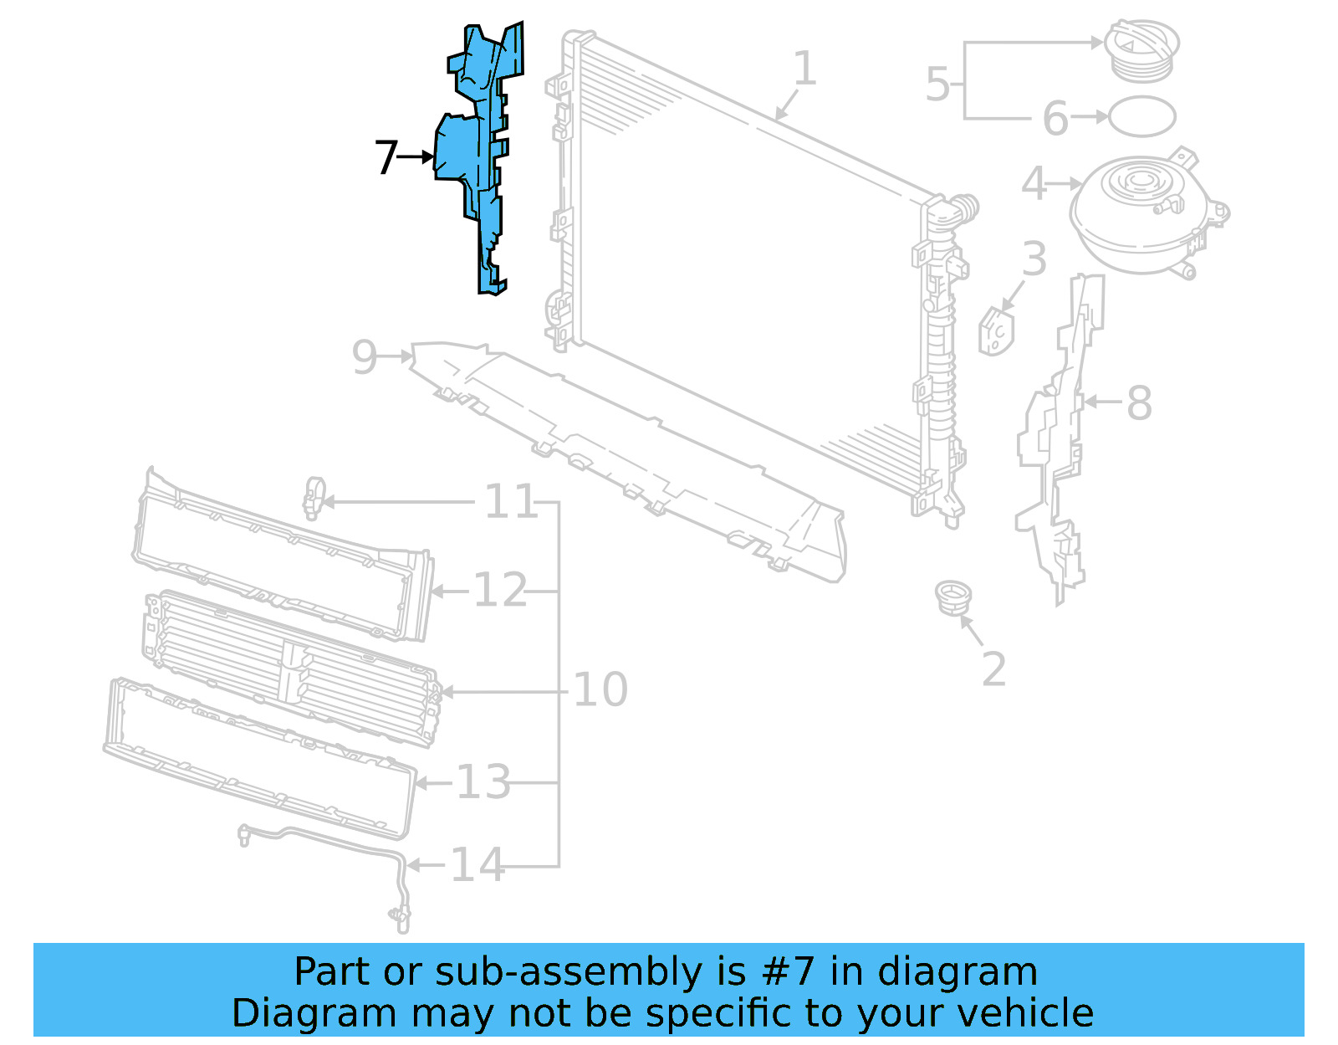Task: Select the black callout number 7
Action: click(x=386, y=157)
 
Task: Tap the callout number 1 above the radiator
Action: click(x=804, y=69)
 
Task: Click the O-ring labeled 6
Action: click(x=1141, y=116)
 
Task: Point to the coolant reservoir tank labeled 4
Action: click(x=1141, y=205)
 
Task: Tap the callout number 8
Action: click(x=1139, y=403)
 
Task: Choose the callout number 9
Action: click(x=365, y=357)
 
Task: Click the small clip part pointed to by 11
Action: click(x=314, y=497)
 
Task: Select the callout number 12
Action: click(x=500, y=591)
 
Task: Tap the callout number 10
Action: click(x=600, y=689)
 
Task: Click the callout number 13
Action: click(x=483, y=783)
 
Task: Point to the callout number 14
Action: click(x=477, y=865)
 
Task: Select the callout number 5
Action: click(x=937, y=85)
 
